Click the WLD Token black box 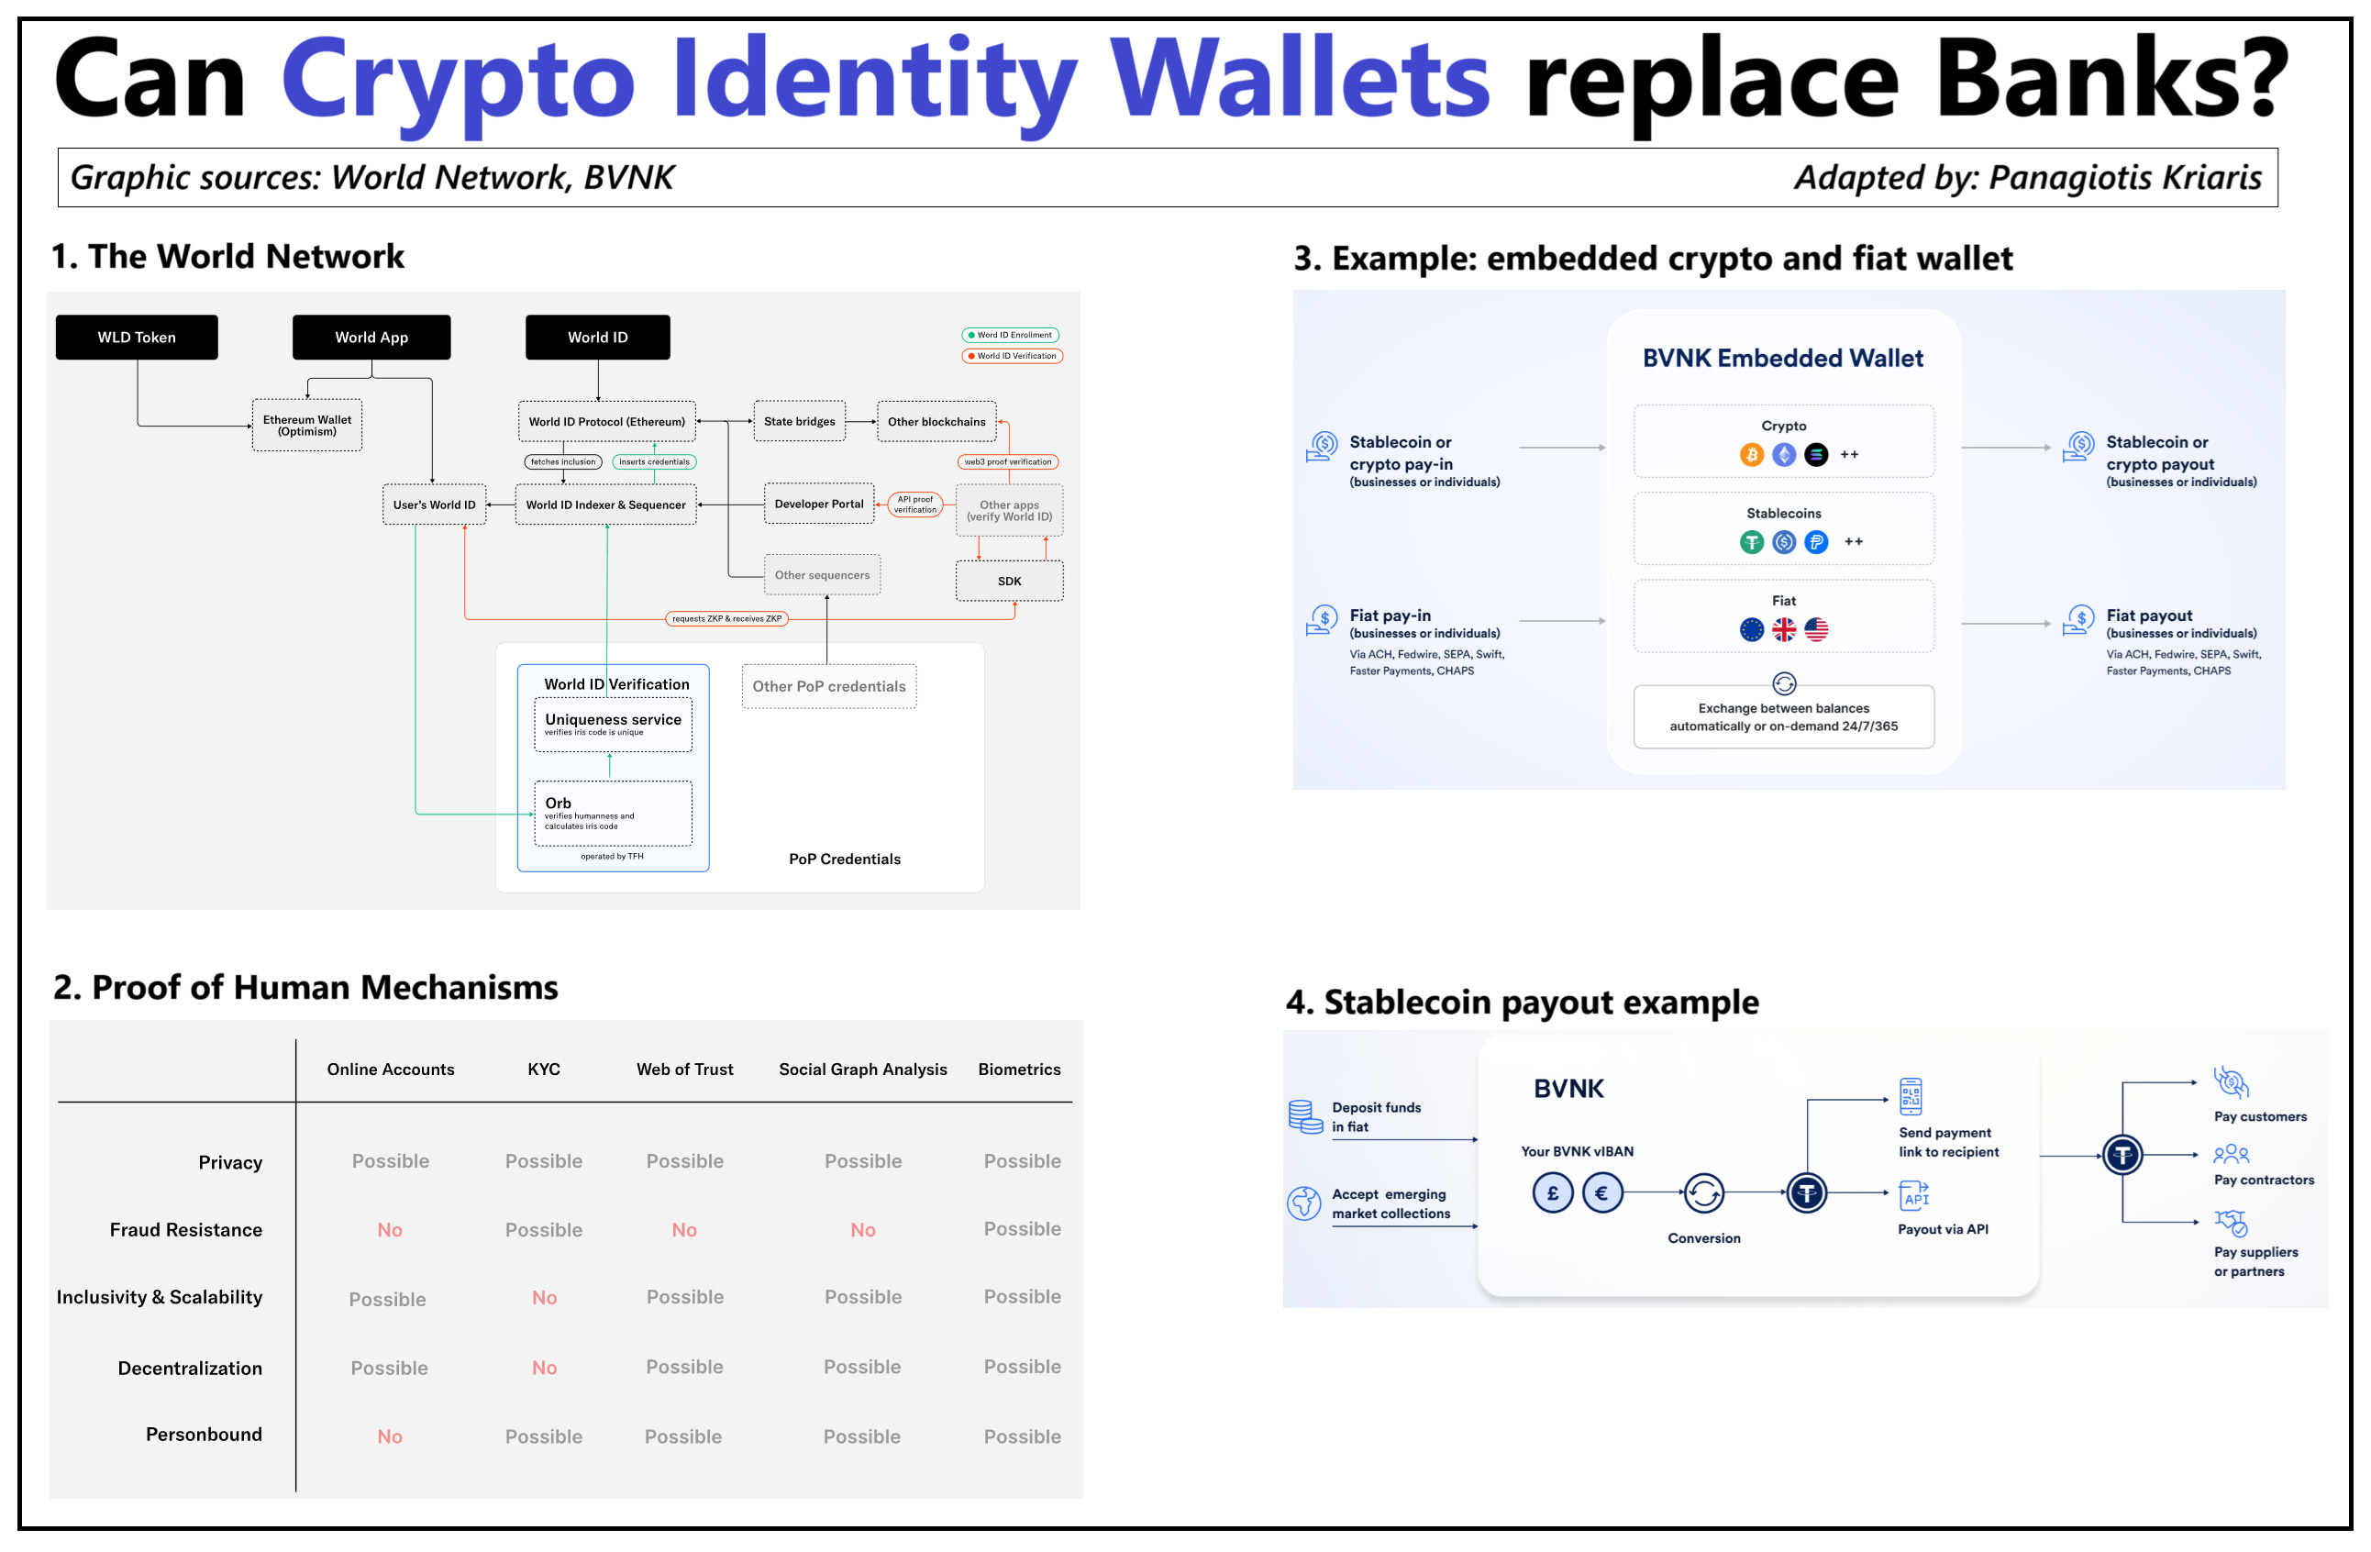pos(137,338)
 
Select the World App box pos(371,338)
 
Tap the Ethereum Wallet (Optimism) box pos(307,426)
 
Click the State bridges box pos(799,421)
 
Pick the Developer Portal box pos(818,504)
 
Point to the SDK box pos(1008,581)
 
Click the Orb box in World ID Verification pos(612,813)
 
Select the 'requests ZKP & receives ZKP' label pos(726,618)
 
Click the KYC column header pos(543,1069)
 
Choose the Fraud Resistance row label pos(185,1229)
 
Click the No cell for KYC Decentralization pos(544,1367)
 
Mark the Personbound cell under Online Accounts pos(390,1436)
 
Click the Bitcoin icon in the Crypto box pos(1750,455)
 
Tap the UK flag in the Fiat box pos(1783,629)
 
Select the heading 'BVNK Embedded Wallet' pos(1782,358)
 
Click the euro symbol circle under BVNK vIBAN pos(1601,1192)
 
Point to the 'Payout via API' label pos(1942,1228)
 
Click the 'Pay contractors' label pos(2263,1180)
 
